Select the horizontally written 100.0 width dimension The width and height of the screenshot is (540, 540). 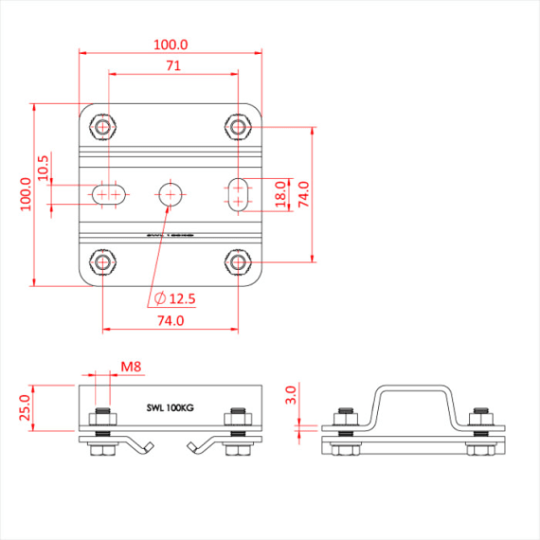pyautogui.click(x=171, y=45)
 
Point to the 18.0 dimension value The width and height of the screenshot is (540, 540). pyautogui.click(x=280, y=193)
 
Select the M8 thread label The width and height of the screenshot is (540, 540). pyautogui.click(x=132, y=366)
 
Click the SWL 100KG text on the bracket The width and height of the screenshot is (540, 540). pyautogui.click(x=171, y=406)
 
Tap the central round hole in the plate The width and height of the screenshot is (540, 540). pyautogui.click(x=171, y=193)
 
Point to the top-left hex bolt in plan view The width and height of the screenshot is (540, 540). pyautogui.click(x=103, y=126)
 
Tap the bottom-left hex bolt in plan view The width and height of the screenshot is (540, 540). pyautogui.click(x=103, y=261)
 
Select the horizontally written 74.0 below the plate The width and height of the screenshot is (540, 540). pyautogui.click(x=171, y=320)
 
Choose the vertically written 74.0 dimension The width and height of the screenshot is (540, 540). pyautogui.click(x=303, y=193)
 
